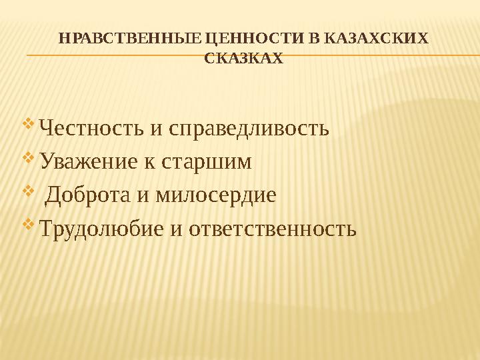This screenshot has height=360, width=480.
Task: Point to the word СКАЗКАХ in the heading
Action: (242, 59)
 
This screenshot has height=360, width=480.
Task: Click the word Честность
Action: (92, 127)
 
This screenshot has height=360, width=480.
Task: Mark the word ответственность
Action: (273, 229)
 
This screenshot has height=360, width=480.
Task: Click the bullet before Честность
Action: (28, 125)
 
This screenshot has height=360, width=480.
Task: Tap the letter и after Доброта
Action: (146, 195)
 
